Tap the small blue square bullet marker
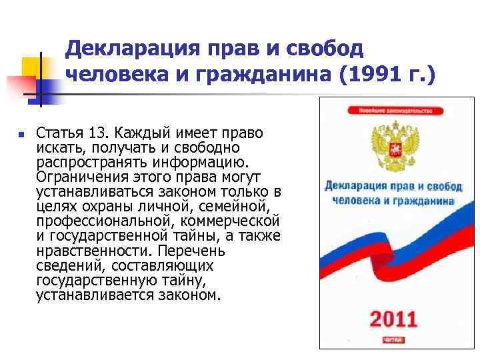tap(21, 134)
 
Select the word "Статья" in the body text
tap(58, 133)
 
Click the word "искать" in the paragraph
tap(56, 147)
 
